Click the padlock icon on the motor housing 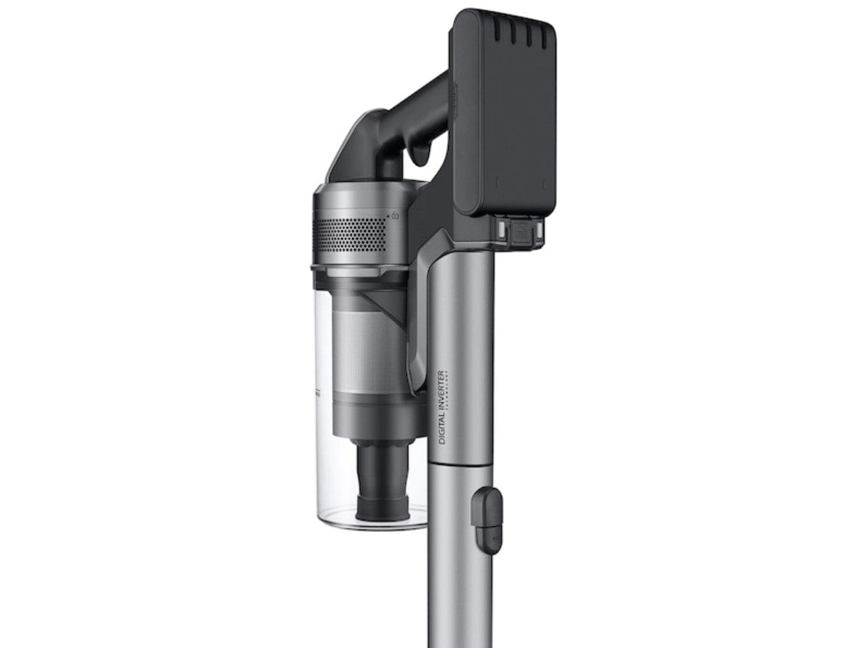395,215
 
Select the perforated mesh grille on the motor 349,234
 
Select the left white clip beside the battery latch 500,230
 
